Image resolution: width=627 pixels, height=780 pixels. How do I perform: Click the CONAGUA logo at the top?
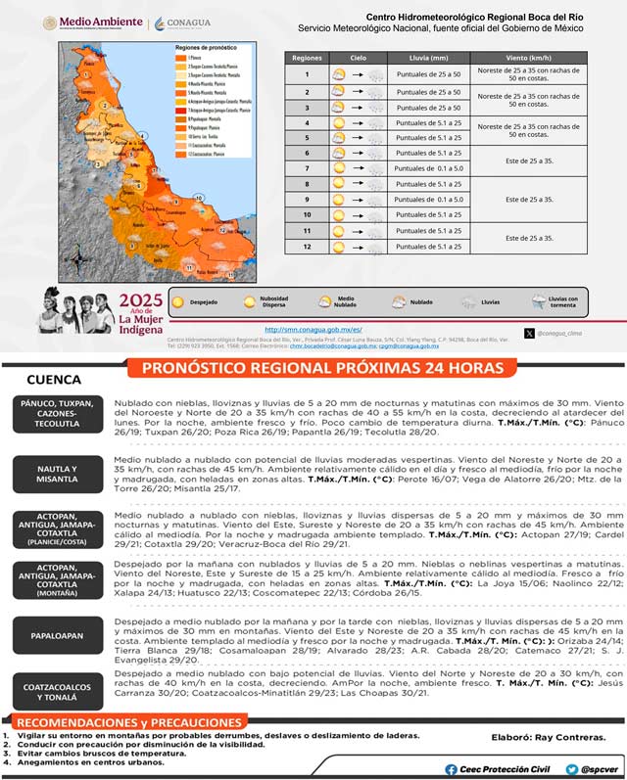[x=186, y=22]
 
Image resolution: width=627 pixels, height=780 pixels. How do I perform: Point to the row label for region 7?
[x=307, y=168]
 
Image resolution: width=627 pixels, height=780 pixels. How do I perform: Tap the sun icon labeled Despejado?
[x=178, y=302]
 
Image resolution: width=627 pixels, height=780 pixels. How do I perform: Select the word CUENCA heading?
[x=53, y=379]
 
